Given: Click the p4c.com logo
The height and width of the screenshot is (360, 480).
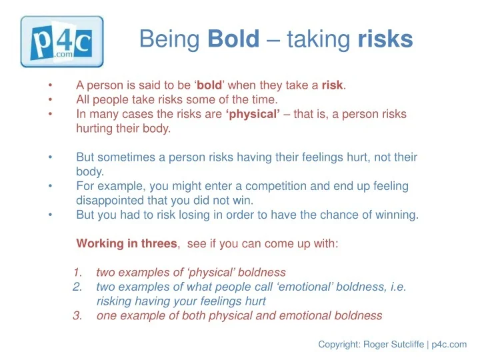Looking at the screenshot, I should pyautogui.click(x=62, y=41).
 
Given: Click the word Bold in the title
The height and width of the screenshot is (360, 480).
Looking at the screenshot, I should pyautogui.click(x=233, y=40).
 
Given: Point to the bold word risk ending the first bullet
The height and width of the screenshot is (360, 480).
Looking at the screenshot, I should pyautogui.click(x=332, y=85).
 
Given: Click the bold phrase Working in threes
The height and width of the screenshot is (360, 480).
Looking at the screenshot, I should pyautogui.click(x=127, y=243).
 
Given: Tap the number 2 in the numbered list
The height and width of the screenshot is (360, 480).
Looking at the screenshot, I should pyautogui.click(x=77, y=287).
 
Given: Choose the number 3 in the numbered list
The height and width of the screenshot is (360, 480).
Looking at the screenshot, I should pyautogui.click(x=77, y=316).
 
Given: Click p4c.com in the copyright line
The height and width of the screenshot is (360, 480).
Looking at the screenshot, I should pyautogui.click(x=449, y=345).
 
